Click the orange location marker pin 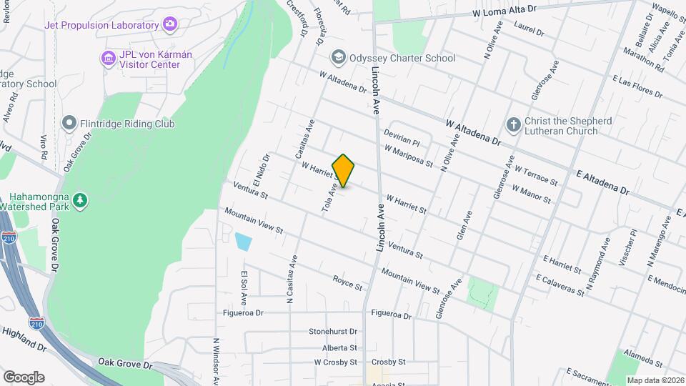(343, 171)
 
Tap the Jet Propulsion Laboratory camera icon (170, 26)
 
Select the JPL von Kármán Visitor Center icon (108, 57)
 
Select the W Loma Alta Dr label (504, 13)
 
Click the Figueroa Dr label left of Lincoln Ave (244, 312)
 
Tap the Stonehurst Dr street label (332, 332)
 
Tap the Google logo (24, 377)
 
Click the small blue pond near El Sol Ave (243, 242)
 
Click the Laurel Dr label (530, 32)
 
